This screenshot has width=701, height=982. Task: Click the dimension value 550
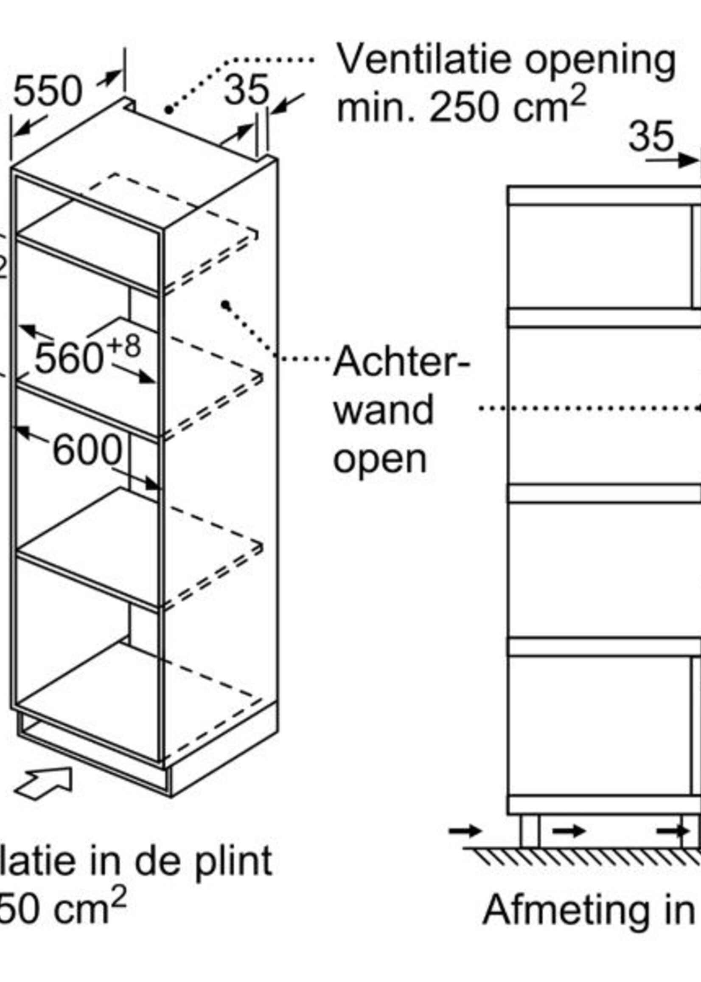(x=48, y=92)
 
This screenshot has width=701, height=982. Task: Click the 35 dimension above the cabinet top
(x=247, y=90)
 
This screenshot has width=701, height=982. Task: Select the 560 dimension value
(x=69, y=358)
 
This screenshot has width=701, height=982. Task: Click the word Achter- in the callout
(x=401, y=362)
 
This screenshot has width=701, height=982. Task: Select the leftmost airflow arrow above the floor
(x=465, y=830)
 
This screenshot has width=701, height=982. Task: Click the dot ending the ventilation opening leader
(x=169, y=110)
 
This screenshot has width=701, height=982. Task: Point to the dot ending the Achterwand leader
(x=225, y=305)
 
